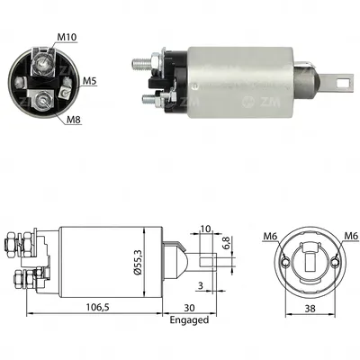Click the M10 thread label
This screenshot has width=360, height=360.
67,37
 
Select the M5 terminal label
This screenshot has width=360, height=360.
90,81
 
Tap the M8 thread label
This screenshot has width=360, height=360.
74,120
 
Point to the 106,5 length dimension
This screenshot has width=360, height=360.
96,307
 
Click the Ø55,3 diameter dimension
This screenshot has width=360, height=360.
139,263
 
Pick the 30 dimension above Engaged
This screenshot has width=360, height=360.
189,308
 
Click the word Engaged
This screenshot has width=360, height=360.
189,320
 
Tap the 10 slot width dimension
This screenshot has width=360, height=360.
206,229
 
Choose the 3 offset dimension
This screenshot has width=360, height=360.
201,285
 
